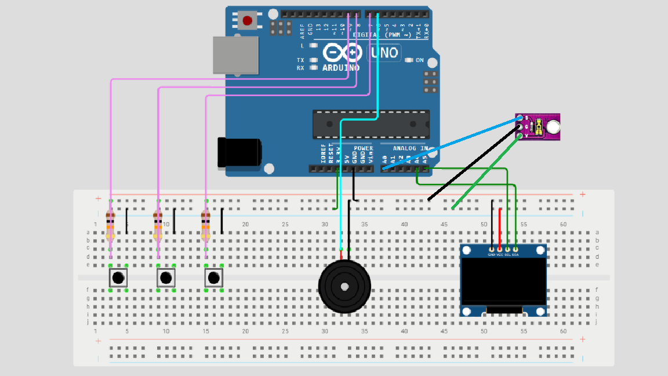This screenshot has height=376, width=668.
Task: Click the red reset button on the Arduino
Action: (248, 21)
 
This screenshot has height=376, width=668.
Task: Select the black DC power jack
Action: (239, 153)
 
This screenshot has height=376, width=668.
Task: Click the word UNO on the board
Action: (384, 53)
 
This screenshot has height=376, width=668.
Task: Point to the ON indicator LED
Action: (409, 60)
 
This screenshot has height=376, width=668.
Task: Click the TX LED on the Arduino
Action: (314, 60)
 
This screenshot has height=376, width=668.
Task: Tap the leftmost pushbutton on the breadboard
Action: (118, 278)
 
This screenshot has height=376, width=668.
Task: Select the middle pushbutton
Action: (166, 278)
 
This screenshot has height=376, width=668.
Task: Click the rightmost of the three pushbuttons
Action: (213, 278)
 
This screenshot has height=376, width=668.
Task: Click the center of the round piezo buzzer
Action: (344, 286)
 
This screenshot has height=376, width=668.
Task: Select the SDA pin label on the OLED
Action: (515, 255)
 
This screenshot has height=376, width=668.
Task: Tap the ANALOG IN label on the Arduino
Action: (404, 149)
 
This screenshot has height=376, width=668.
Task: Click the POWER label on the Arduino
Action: (364, 149)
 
